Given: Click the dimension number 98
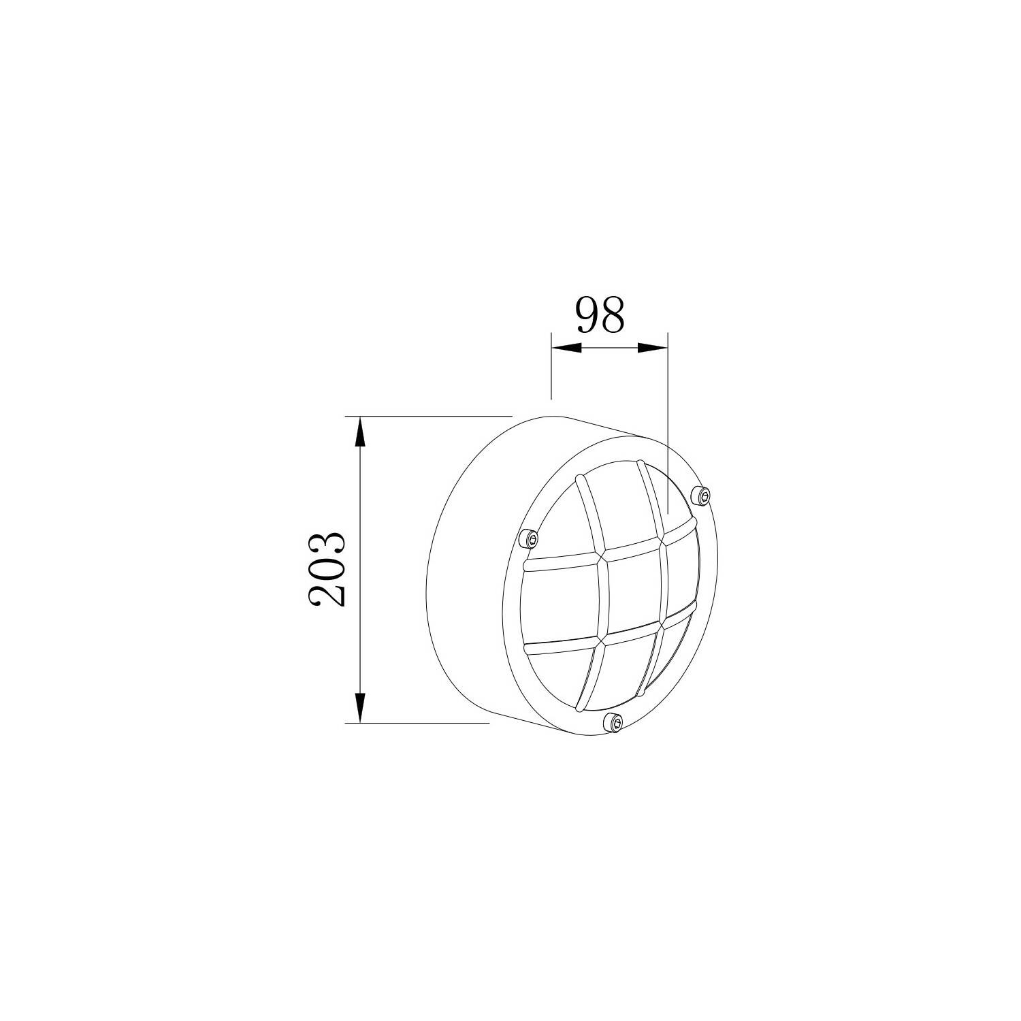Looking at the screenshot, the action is pyautogui.click(x=600, y=315).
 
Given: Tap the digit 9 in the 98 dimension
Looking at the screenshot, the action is pyautogui.click(x=588, y=315).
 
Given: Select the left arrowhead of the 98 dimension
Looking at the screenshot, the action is pyautogui.click(x=566, y=348).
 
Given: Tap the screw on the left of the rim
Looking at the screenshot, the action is pyautogui.click(x=530, y=539).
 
